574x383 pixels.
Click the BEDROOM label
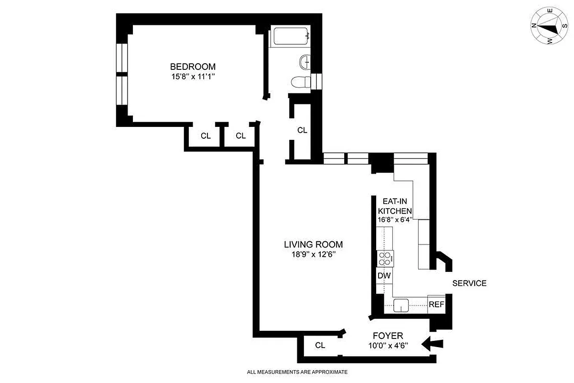193,67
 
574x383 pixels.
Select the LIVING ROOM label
311,244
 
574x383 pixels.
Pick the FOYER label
388,336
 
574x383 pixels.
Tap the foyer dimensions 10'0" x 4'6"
388,345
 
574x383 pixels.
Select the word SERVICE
469,283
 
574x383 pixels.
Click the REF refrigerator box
436,304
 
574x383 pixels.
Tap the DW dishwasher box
384,276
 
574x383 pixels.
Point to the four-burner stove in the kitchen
385,259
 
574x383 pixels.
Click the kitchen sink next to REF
401,305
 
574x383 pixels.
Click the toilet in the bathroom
300,82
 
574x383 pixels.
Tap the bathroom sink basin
304,61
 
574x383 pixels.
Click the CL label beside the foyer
320,345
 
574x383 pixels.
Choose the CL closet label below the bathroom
302,130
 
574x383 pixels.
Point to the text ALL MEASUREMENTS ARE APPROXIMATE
297,372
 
